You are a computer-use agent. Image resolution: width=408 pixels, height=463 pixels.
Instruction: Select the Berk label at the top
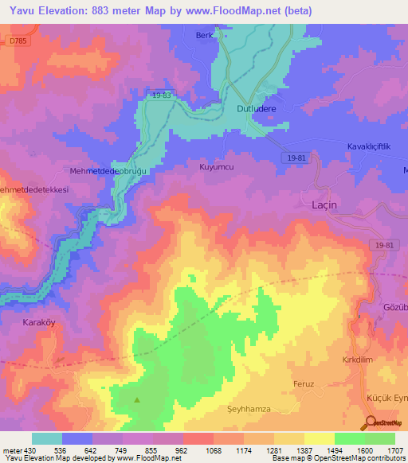(206, 36)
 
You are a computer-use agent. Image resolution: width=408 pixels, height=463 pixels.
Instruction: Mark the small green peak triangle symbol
(137, 399)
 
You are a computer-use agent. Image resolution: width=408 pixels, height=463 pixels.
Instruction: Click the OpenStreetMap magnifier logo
(371, 423)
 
